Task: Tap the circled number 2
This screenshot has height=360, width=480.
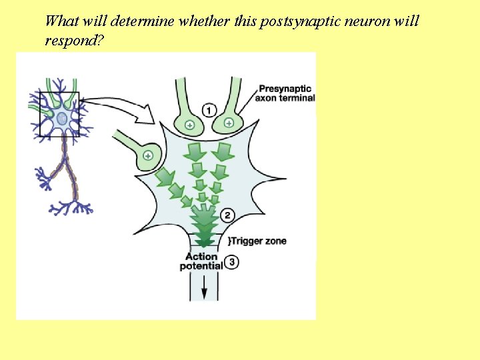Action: click(227, 215)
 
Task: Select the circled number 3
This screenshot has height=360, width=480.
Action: click(231, 262)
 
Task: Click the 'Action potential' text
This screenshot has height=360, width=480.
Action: click(201, 261)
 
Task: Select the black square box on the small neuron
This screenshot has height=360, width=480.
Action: click(59, 113)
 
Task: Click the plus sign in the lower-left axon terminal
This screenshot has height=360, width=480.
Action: click(148, 155)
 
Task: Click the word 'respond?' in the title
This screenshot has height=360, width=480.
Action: click(75, 41)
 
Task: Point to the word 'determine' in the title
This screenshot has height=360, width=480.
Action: click(142, 21)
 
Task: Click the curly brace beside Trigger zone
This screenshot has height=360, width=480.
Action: click(229, 240)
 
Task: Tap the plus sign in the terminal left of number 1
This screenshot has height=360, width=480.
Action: click(189, 125)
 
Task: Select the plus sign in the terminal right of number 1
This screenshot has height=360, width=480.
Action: click(229, 123)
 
